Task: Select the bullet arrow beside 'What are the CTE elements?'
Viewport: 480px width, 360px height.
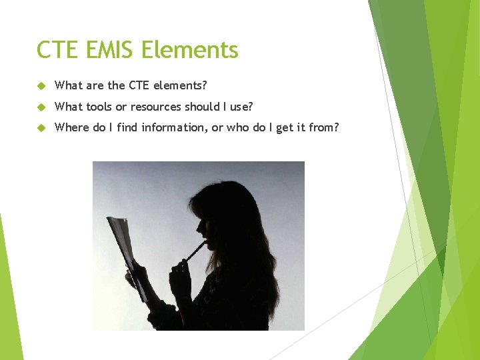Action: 41,86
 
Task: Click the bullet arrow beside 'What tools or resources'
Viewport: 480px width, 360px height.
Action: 41,107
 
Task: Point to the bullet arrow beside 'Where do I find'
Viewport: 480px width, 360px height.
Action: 41,128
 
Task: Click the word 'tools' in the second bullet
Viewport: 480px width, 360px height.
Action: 99,107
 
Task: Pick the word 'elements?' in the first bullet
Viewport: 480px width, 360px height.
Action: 181,85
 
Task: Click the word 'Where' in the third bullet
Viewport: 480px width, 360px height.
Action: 71,127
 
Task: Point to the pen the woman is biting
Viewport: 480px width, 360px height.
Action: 196,251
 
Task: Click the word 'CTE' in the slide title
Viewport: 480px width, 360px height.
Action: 57,50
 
